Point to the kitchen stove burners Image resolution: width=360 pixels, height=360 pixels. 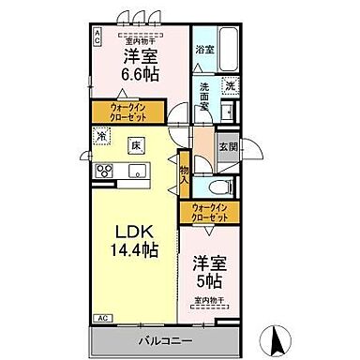(103, 171)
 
